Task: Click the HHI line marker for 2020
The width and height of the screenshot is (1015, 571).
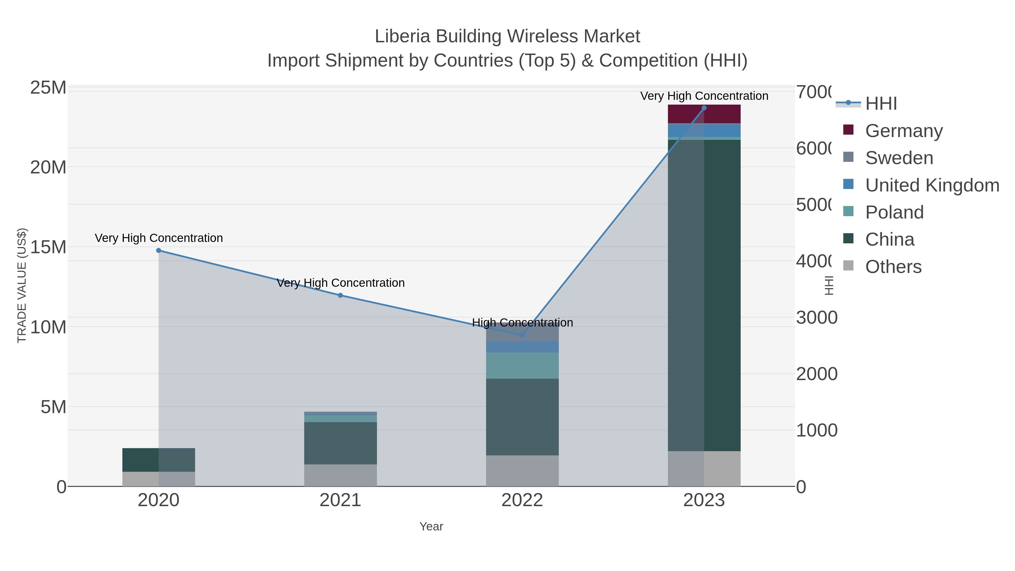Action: click(x=158, y=250)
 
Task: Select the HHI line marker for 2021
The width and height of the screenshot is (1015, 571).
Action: click(x=340, y=295)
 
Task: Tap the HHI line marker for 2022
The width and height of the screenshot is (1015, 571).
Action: click(x=522, y=335)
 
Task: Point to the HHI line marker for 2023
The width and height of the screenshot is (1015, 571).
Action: click(x=704, y=108)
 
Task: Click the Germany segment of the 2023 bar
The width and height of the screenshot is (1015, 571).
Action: click(x=704, y=114)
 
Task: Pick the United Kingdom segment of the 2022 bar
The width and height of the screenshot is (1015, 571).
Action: click(x=522, y=347)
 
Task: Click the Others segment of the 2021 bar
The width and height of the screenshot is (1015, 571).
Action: click(x=340, y=475)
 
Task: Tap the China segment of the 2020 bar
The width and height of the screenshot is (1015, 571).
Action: click(x=158, y=460)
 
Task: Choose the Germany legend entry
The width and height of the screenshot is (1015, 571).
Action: click(x=904, y=131)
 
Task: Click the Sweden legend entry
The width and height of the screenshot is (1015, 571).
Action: click(x=899, y=158)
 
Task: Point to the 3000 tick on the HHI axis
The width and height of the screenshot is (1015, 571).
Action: click(x=817, y=317)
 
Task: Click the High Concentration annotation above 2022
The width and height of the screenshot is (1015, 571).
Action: click(x=522, y=322)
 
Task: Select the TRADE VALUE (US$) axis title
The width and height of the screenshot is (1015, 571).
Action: click(x=22, y=285)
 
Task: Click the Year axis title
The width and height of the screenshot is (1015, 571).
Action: click(x=431, y=526)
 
